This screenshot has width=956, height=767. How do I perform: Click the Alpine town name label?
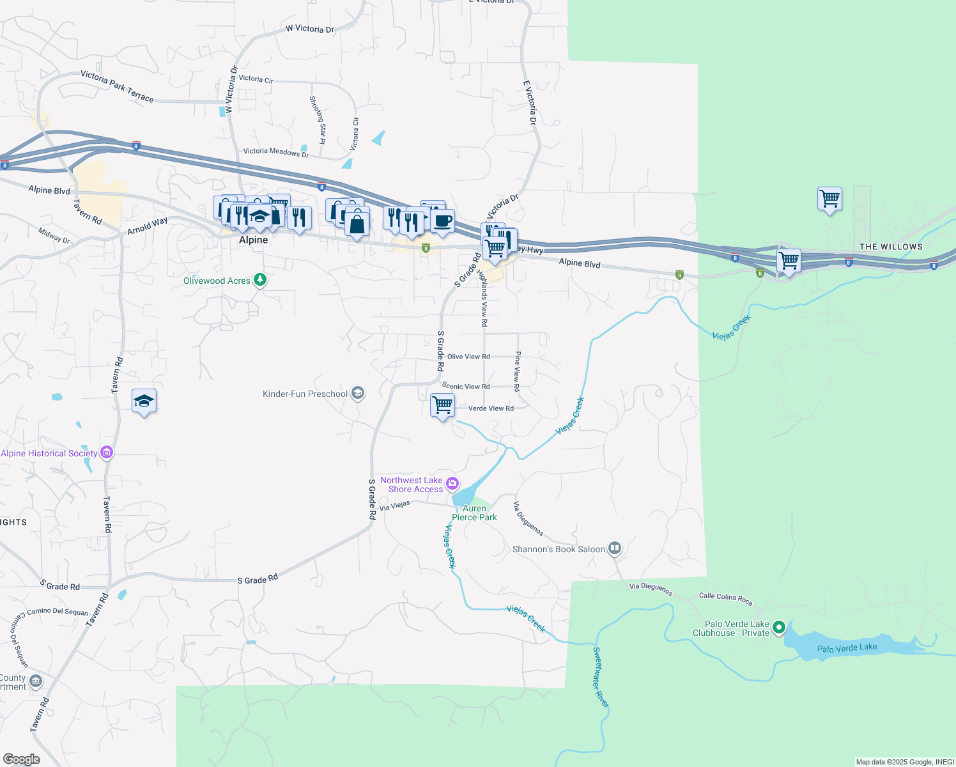click(x=253, y=240)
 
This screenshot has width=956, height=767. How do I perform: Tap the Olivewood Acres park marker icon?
click(x=259, y=280)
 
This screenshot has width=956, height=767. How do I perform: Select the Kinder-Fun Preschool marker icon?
click(x=358, y=393)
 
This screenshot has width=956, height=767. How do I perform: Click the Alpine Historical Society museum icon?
click(x=107, y=453)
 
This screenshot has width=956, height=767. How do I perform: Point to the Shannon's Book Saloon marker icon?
click(x=614, y=548)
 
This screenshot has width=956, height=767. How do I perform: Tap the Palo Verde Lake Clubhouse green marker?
click(x=778, y=628)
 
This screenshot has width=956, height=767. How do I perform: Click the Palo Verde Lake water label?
click(x=847, y=648)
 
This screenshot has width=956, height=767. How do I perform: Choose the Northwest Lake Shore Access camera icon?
click(x=452, y=483)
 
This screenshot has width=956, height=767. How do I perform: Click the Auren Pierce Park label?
click(x=474, y=513)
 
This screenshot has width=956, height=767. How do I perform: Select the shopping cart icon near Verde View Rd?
click(x=442, y=405)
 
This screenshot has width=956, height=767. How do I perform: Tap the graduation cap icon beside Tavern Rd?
click(x=144, y=401)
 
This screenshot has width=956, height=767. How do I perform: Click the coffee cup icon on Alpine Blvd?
click(x=442, y=221)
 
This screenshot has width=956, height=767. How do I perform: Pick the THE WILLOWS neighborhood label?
click(x=891, y=247)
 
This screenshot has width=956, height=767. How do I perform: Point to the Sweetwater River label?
click(x=601, y=677)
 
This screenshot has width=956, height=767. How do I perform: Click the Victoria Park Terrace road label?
click(x=117, y=86)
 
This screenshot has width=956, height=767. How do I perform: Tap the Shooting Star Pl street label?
click(x=318, y=120)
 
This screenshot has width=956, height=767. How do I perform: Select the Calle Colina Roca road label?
click(x=725, y=599)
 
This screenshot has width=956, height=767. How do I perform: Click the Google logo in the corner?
click(x=22, y=759)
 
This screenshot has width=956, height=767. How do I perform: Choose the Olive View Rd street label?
click(x=468, y=357)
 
